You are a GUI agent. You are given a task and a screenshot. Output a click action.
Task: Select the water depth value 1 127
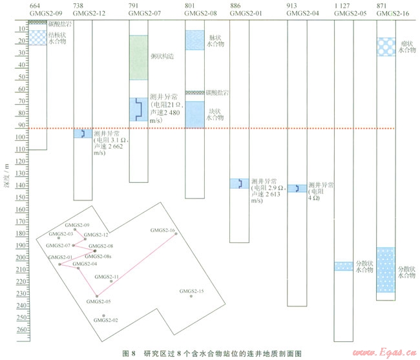pos(344,5)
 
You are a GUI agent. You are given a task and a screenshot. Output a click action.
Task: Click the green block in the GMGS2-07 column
pos(139,57)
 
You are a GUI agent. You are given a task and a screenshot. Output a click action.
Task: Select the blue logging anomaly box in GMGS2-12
pos(83,134)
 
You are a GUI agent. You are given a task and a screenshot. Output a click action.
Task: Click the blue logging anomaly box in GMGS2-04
pos(297,189)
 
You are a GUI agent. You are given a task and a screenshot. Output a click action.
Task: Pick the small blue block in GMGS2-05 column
pos(343,266)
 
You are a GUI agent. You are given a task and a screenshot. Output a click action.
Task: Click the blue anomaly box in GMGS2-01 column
pos(240,184)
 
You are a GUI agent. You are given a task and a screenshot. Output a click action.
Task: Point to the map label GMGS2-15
pos(192,291)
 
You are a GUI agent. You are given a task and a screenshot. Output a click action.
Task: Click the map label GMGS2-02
pos(106,320)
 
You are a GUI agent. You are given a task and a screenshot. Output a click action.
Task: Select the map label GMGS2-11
pos(107,276)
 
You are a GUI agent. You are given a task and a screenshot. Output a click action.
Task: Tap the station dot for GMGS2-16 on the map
pos(176,234)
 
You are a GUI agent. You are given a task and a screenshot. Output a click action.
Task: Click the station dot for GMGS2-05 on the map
pos(97,296)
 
